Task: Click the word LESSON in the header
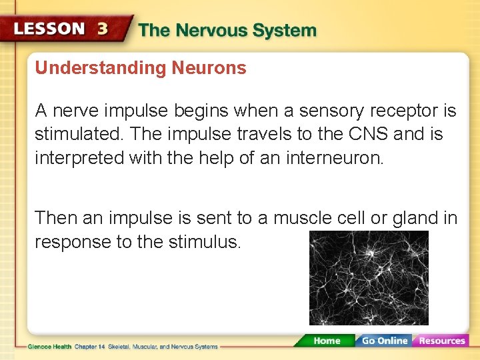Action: (49, 29)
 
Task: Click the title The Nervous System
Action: (227, 31)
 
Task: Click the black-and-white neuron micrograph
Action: (369, 278)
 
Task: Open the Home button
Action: (326, 341)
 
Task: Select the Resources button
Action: (441, 341)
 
